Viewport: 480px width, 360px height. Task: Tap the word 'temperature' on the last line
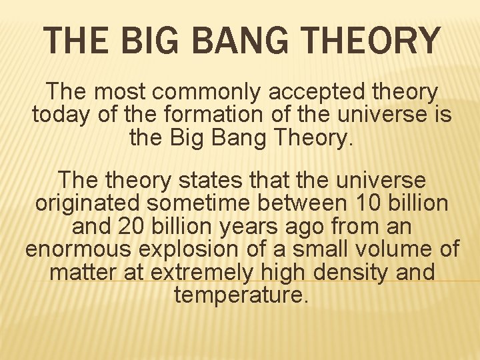pyautogui.click(x=241, y=295)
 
